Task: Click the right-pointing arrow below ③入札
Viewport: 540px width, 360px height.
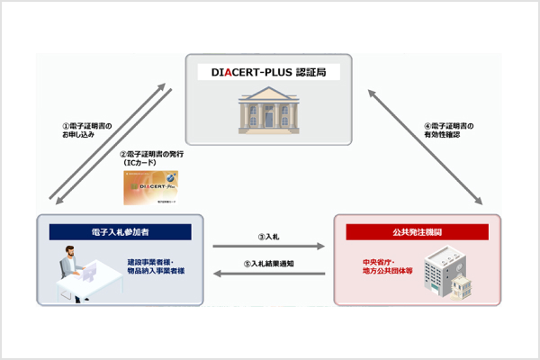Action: point(268,246)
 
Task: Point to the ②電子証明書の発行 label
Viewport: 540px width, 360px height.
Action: point(152,155)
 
